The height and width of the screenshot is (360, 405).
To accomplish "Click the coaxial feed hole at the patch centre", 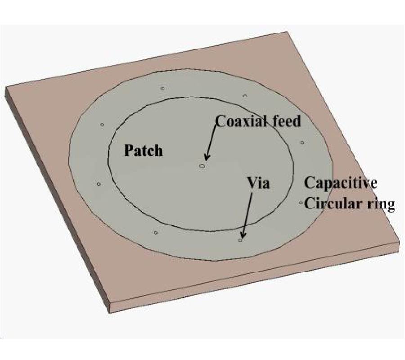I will (x=202, y=166).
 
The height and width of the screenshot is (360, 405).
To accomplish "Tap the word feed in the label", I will (x=285, y=121).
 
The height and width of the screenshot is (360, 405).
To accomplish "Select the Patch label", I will (x=143, y=150).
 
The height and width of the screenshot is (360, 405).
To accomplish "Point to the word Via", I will (x=258, y=183).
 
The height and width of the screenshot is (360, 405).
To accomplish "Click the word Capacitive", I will (x=340, y=183).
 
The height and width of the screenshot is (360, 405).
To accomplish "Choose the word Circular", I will (x=333, y=204).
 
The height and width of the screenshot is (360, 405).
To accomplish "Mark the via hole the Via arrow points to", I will (x=240, y=240).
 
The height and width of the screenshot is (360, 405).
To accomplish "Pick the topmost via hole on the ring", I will (x=162, y=88).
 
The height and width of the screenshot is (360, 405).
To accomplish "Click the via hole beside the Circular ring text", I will (x=301, y=203).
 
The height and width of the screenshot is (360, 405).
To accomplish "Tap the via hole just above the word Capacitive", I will (x=302, y=143).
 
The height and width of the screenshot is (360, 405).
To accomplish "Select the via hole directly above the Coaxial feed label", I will (x=244, y=96).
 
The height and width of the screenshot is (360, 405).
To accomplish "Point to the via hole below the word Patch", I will (x=155, y=233).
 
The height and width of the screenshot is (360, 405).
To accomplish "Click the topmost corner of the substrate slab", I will (x=286, y=32).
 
